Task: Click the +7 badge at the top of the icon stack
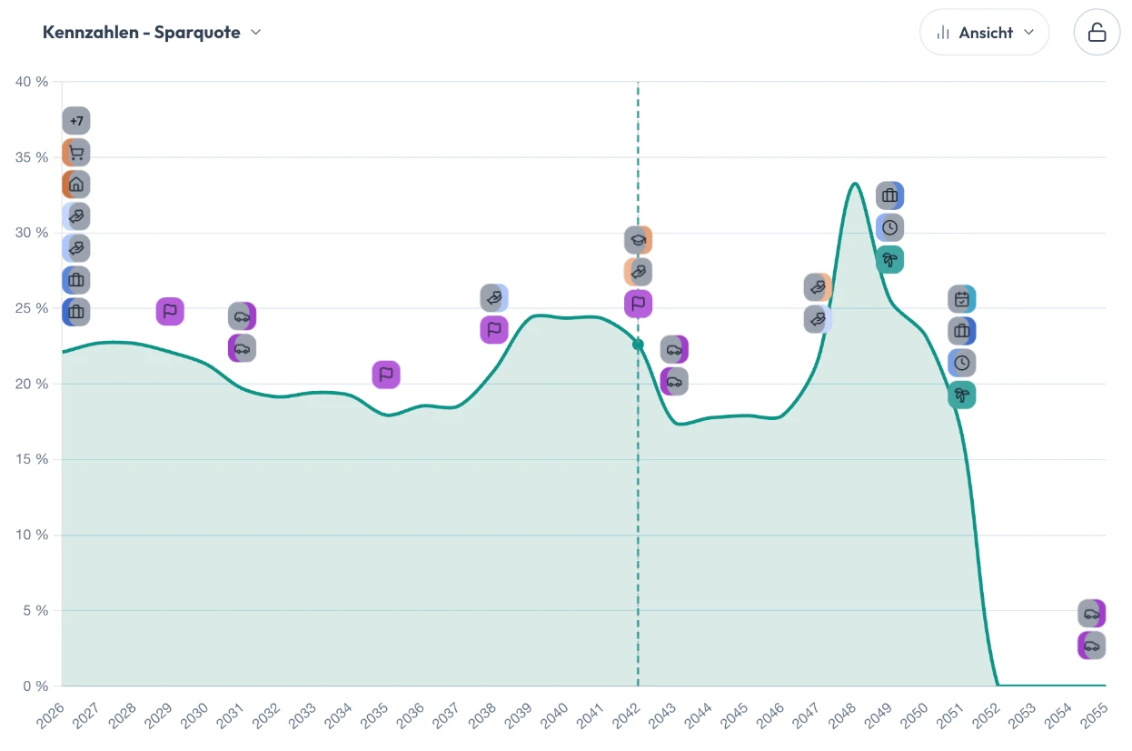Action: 76,121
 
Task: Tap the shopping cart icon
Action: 76,153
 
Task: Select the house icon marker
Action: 76,185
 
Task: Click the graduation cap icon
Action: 639,240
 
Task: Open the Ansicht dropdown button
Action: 985,33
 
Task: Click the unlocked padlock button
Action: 1097,33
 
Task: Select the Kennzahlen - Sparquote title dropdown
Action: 152,33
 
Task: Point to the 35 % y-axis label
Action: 32,157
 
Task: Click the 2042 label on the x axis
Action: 626,716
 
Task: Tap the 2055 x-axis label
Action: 1094,716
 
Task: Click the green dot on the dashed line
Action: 639,345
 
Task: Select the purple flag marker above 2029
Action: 170,311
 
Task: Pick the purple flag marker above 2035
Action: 386,375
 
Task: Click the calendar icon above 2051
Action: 962,299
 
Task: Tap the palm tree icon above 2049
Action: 890,260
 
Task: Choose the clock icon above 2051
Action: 962,363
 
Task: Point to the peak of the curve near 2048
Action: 855,183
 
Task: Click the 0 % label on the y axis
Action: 35,686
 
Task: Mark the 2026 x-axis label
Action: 50,716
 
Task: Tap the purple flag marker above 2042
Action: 639,304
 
